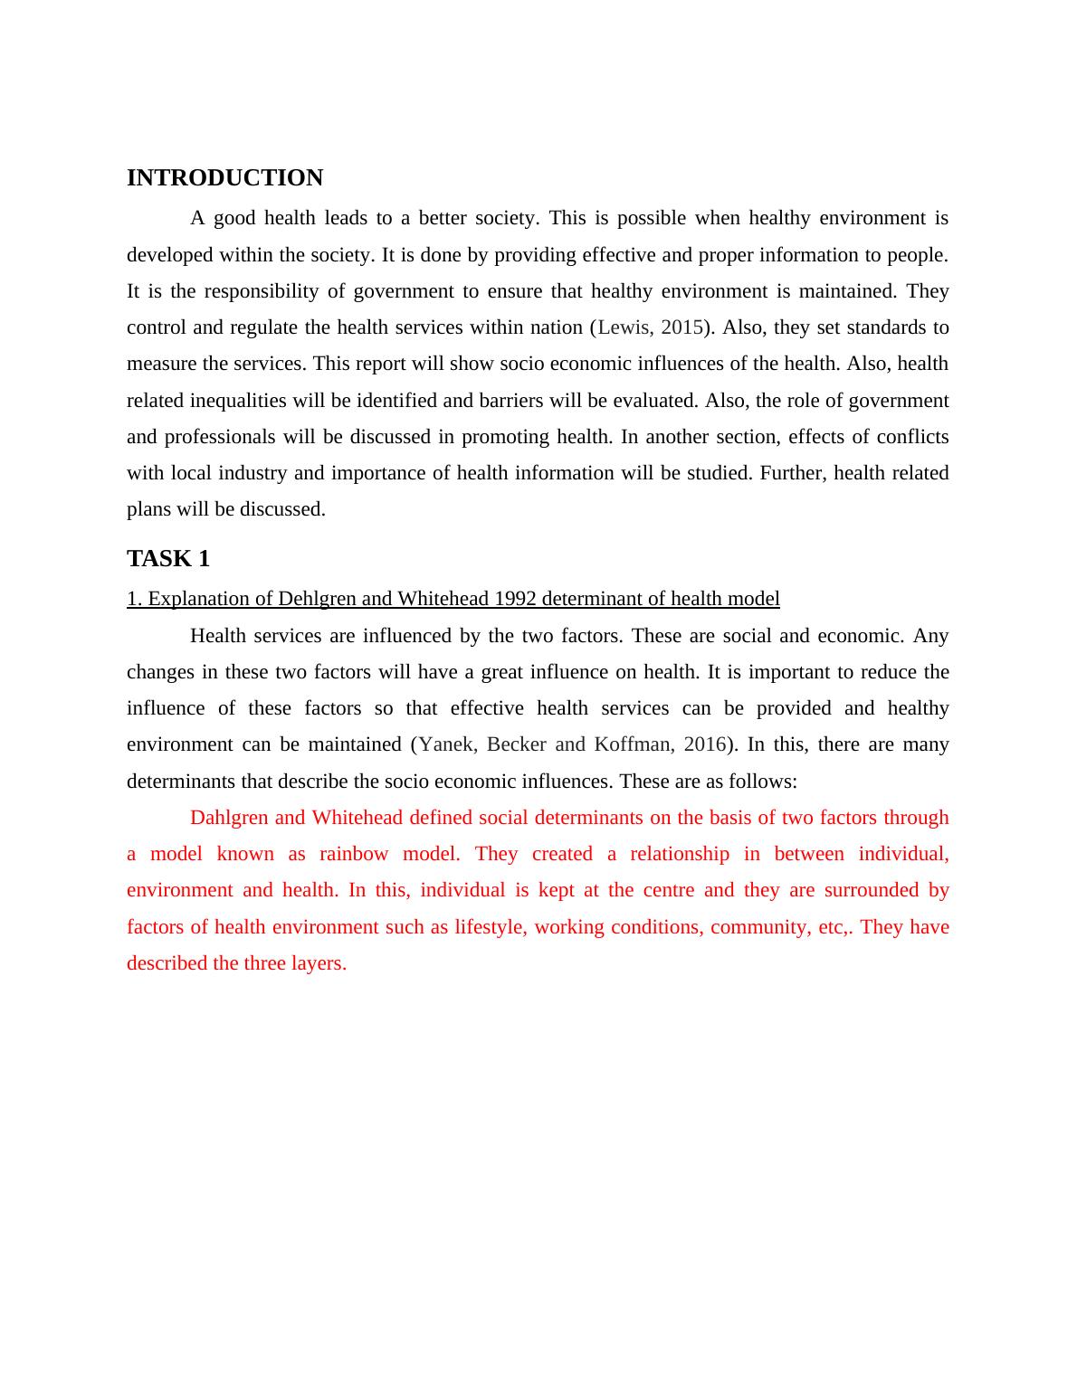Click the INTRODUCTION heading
tap(224, 178)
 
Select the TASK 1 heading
tap(168, 559)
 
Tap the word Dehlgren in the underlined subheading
tap(315, 599)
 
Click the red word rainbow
tap(354, 854)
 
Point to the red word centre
tap(671, 890)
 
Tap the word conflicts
tap(912, 437)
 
